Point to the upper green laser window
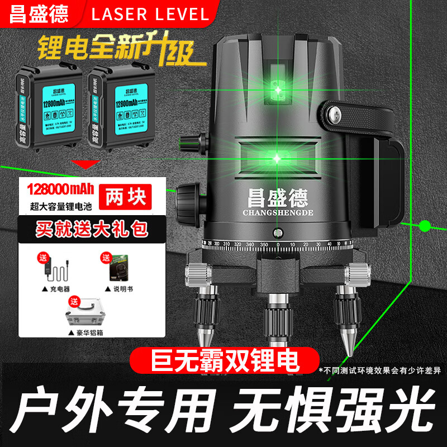(x=277, y=84)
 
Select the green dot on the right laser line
(x=425, y=226)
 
